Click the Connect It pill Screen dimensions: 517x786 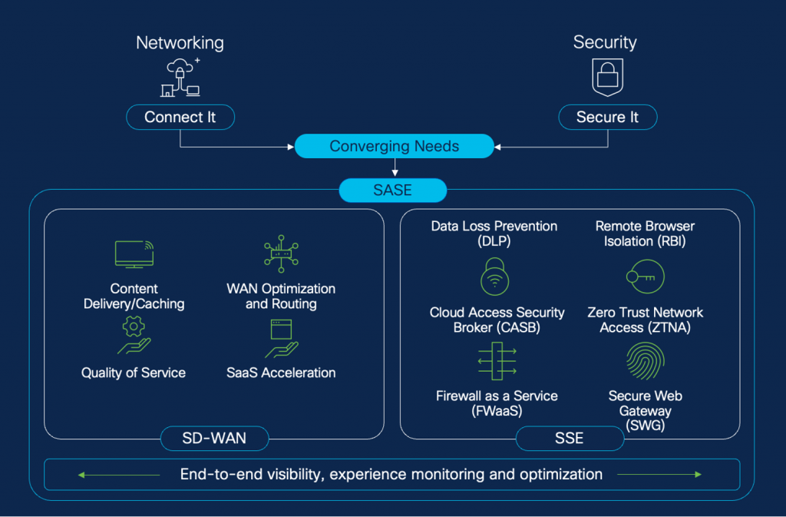(x=180, y=117)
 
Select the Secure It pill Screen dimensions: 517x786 (x=606, y=117)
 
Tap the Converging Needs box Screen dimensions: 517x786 (x=394, y=146)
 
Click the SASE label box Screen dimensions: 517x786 (x=393, y=190)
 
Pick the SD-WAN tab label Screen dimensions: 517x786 (x=214, y=439)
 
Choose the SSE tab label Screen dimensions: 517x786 (x=569, y=439)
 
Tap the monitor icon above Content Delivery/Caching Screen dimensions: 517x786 (x=134, y=254)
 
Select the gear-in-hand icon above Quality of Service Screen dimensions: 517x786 (x=134, y=335)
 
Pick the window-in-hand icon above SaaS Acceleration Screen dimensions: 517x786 (x=280, y=338)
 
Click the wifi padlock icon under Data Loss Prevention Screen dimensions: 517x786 (x=494, y=276)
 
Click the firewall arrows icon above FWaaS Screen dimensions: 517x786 (x=497, y=361)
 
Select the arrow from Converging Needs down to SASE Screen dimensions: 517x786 (x=394, y=167)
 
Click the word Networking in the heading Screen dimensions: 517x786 (x=180, y=42)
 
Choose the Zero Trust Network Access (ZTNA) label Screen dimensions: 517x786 (x=645, y=320)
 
